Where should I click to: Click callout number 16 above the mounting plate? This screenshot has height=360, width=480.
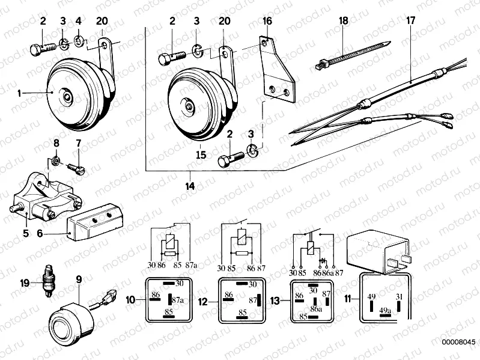[x=267, y=21]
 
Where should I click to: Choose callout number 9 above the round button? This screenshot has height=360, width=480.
[x=79, y=278]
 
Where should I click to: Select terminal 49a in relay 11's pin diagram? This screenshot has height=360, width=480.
[x=384, y=311]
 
